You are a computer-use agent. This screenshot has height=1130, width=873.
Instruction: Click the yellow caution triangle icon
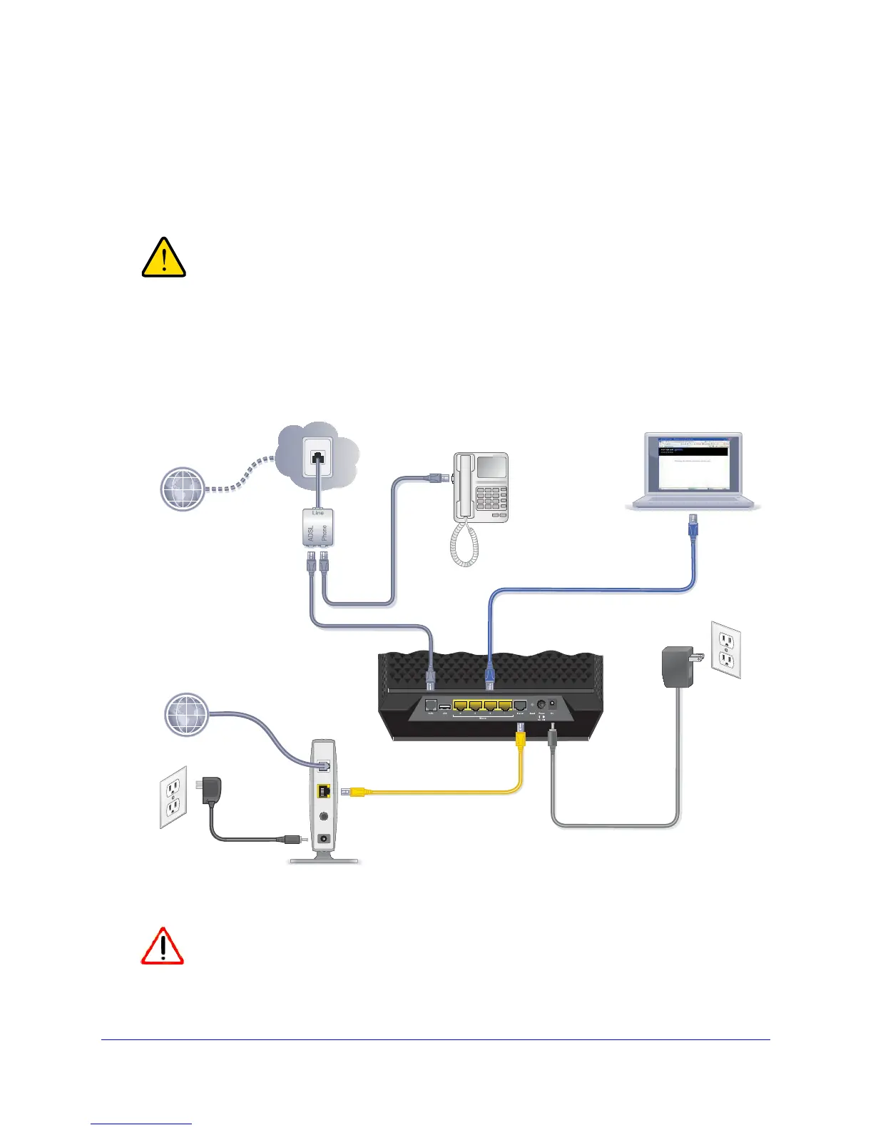click(x=164, y=258)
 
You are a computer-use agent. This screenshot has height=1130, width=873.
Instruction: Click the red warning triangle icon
click(x=163, y=947)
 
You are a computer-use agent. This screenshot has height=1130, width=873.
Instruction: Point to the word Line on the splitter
click(x=318, y=513)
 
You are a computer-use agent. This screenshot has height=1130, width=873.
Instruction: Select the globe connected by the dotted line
click(x=183, y=489)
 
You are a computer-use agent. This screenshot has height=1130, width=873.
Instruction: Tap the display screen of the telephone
click(x=491, y=467)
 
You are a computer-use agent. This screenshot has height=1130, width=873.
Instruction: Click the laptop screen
click(x=692, y=462)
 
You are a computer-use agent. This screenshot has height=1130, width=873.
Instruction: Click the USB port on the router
click(x=444, y=706)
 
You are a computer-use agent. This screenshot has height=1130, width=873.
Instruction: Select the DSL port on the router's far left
click(x=431, y=706)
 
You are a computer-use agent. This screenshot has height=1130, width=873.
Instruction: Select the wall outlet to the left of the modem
click(x=173, y=797)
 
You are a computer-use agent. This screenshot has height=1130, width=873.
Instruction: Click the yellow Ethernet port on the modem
click(x=323, y=791)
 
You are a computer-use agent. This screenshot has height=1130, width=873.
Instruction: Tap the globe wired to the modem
click(x=186, y=714)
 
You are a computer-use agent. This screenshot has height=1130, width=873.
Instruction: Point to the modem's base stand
click(x=325, y=859)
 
